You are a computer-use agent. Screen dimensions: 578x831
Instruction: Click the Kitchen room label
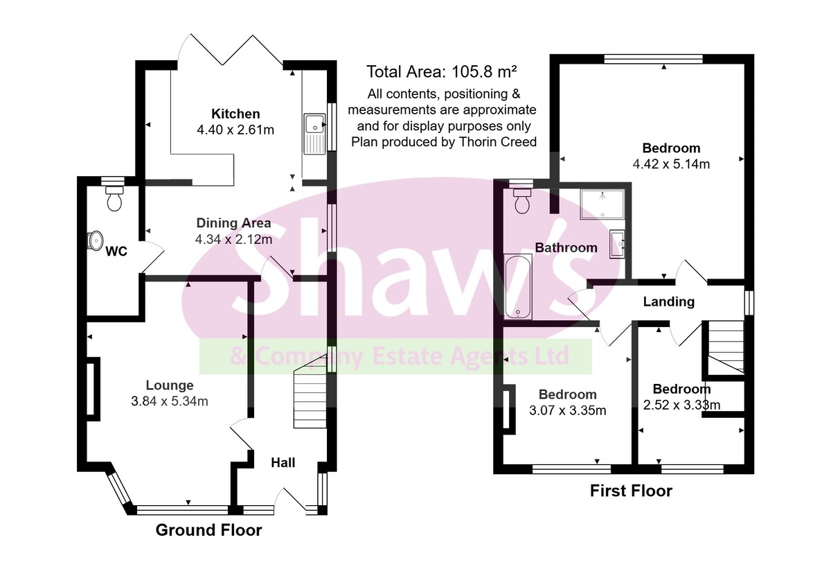[235, 114]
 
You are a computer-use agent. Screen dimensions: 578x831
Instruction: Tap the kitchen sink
[314, 132]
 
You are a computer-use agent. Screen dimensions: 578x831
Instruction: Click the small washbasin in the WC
[94, 240]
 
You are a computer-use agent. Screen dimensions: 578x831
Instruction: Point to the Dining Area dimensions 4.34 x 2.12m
[233, 240]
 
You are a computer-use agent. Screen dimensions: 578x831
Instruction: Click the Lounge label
[170, 385]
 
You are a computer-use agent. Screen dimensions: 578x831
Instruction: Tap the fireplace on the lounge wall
[91, 388]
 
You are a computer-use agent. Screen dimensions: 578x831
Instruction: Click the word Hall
[283, 462]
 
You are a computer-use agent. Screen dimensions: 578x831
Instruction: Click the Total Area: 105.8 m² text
[442, 72]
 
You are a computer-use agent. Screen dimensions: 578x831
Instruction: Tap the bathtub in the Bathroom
[518, 288]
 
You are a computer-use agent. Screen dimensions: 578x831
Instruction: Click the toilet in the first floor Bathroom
[522, 201]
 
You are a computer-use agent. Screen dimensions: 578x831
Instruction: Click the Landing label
[668, 301]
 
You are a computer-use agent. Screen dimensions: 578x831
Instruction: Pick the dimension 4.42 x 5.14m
[671, 164]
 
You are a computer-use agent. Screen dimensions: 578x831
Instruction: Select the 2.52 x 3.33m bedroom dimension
[681, 405]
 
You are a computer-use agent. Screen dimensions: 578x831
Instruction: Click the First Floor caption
[630, 491]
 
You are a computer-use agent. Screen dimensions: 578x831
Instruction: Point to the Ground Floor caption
[208, 530]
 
